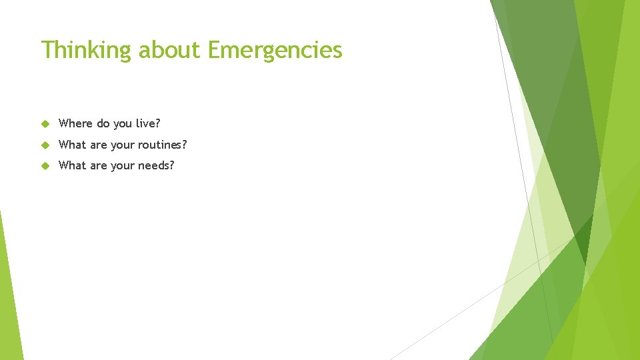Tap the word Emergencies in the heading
click(275, 50)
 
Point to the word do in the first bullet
click(103, 123)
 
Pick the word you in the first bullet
click(123, 124)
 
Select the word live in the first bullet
click(146, 123)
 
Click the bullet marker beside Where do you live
click(45, 124)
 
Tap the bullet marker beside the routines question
click(45, 145)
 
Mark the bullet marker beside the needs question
click(45, 166)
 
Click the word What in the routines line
click(73, 145)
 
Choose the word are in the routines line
click(99, 145)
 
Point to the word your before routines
click(122, 145)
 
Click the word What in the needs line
click(73, 165)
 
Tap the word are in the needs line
click(99, 165)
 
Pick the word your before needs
click(122, 166)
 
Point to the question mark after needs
click(171, 165)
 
